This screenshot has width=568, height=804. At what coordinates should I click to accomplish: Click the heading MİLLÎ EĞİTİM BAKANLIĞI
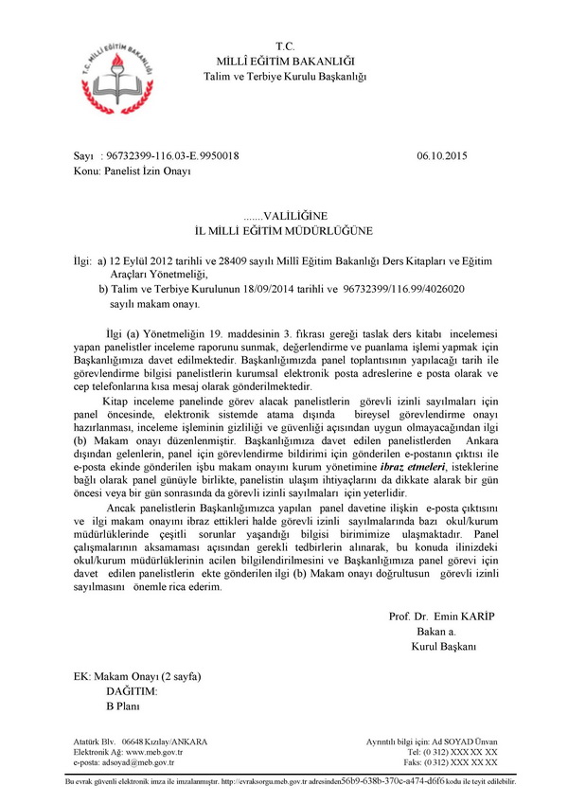tap(285, 60)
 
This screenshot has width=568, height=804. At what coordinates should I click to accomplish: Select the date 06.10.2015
tap(441, 155)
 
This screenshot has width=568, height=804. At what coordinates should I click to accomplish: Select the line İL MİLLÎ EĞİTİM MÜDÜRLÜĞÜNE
tap(284, 230)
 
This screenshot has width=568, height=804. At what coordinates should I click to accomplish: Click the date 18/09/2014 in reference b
tap(268, 289)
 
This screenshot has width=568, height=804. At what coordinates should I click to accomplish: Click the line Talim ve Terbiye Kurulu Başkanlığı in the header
tap(285, 75)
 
